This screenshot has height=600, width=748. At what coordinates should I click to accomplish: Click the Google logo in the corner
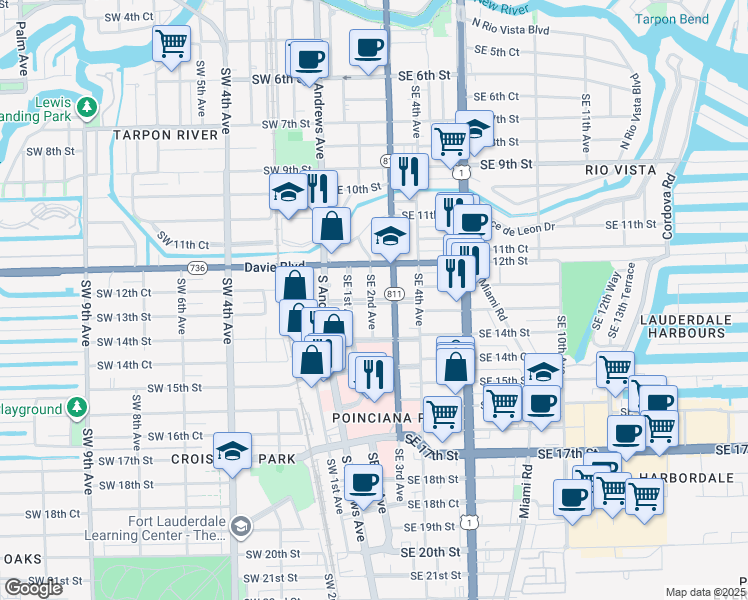pos(33,588)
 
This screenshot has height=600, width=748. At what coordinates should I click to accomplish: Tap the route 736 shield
pos(197,268)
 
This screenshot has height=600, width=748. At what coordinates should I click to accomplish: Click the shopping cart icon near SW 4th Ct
pos(171,43)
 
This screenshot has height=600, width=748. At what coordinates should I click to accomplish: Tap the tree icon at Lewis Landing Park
pos(87,107)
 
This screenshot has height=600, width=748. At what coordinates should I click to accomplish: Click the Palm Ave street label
pos(22,50)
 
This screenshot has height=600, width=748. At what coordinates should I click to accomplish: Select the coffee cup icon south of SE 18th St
pos(364,483)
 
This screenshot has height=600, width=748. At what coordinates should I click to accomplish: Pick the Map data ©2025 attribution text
pos(705,592)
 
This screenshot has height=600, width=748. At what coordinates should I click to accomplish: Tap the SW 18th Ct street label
pos(47,514)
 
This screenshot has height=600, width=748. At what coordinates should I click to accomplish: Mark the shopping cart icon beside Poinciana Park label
pos(441,412)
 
